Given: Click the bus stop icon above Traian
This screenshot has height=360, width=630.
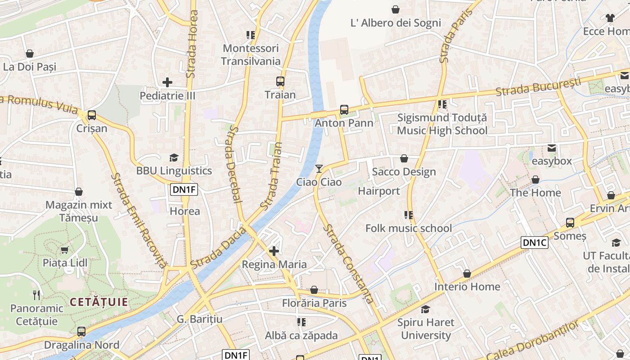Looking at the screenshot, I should (280, 81).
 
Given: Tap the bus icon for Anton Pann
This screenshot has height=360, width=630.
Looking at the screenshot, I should (344, 109).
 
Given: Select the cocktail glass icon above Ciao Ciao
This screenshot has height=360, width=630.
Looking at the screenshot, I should (319, 169).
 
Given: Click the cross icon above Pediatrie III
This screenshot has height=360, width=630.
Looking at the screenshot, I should (167, 82).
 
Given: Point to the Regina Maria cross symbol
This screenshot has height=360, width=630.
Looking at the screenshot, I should (274, 251).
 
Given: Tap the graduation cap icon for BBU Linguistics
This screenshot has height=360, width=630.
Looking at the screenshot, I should (174, 157).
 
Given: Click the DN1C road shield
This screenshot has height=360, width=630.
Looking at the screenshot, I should (535, 243).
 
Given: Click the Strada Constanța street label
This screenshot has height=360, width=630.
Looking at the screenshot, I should (349, 264).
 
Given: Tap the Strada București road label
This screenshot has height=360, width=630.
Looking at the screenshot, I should (538, 87).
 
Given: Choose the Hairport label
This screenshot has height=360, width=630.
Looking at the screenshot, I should (379, 191).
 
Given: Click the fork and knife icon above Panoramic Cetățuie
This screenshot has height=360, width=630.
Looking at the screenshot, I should (37, 295).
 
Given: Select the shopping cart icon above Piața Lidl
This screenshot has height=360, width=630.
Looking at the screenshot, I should (65, 250).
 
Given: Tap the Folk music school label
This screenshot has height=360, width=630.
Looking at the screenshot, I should (409, 228).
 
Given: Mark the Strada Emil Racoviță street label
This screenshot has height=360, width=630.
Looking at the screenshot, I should (139, 220).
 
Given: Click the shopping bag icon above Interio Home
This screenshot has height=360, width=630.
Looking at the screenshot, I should (467, 274).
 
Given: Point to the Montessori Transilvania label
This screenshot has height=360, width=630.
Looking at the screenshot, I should (251, 54).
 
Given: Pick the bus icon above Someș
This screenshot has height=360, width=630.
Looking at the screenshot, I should (570, 222).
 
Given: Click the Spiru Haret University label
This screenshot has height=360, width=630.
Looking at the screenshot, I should (426, 329).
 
